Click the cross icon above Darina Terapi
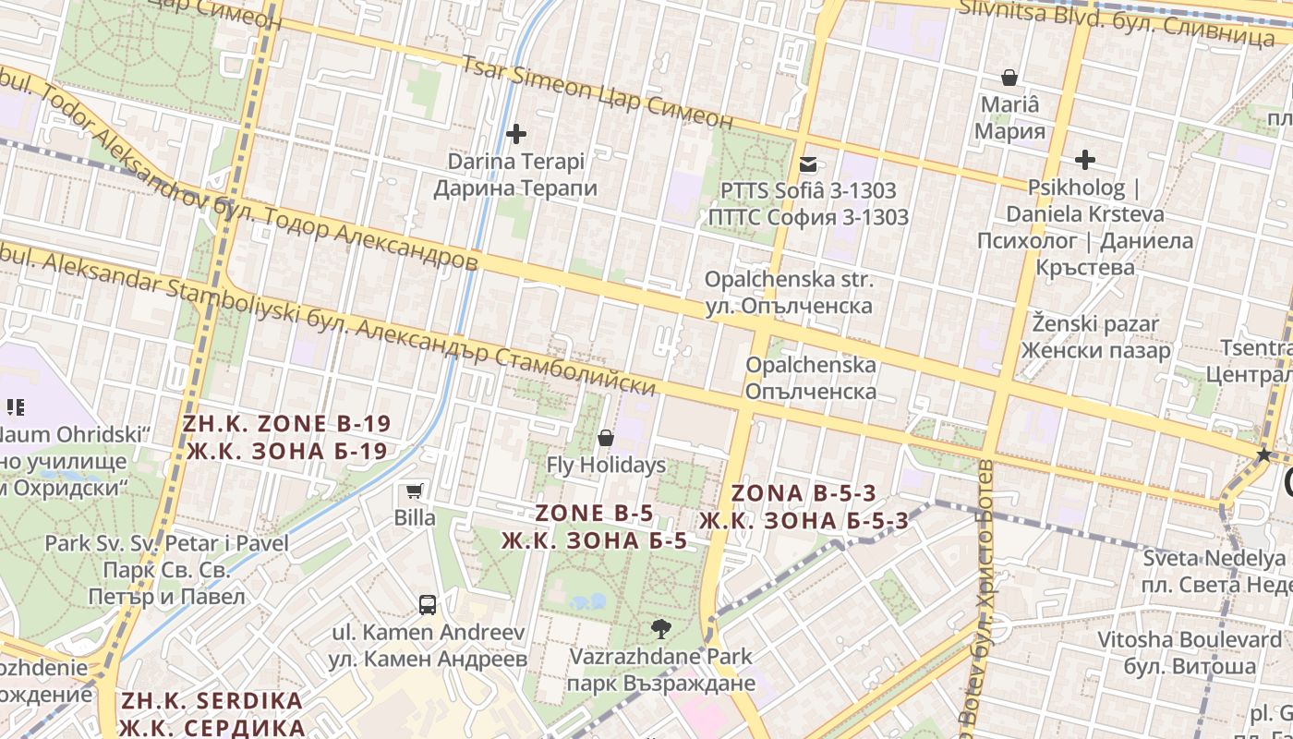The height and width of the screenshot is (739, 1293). [516, 134]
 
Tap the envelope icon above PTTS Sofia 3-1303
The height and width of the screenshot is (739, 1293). [808, 164]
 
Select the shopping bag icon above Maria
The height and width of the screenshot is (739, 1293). [1009, 78]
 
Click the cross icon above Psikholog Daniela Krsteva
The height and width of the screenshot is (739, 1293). [1085, 160]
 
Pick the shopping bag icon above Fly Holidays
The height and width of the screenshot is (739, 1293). [606, 438]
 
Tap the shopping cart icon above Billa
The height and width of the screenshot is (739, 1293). [415, 491]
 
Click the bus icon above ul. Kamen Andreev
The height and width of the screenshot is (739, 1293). [428, 605]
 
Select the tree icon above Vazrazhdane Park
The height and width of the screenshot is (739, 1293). [660, 630]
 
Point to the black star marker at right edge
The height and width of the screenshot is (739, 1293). [1263, 454]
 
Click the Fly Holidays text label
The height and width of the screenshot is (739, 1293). [606, 465]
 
